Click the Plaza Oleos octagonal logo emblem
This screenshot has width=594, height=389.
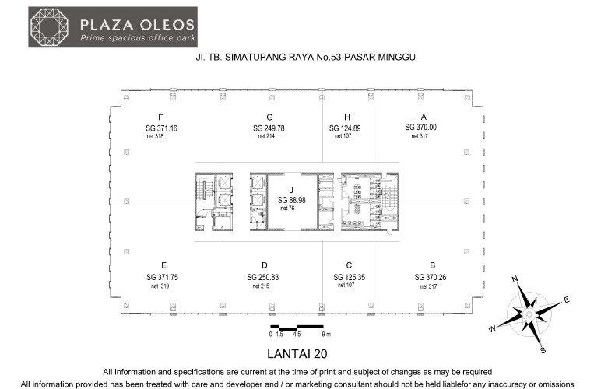coord(49,27)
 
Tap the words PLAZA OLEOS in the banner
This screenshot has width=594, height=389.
coord(137,25)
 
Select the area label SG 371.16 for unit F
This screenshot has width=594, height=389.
coord(161,128)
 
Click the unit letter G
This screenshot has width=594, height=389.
coord(269,117)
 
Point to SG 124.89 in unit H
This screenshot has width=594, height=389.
coord(345,128)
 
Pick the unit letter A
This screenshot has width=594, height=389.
coord(424,117)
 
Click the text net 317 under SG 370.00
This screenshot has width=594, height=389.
coord(420,136)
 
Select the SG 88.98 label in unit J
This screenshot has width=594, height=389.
coord(292,200)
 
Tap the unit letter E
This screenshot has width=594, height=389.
coord(163,265)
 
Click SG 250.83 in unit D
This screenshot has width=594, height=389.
coord(263,278)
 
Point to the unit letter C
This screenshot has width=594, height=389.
coord(349,265)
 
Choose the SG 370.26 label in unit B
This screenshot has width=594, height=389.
coord(431,278)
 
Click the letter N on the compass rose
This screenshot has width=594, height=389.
coord(515,279)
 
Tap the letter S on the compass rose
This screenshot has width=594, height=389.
coord(543,350)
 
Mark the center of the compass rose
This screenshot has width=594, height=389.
coord(529,314)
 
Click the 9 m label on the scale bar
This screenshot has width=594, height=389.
coord(326,334)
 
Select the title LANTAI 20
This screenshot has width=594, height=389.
coord(297,354)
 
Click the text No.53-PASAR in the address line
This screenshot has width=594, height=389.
coord(347,57)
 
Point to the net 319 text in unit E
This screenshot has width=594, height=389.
coord(160,286)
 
